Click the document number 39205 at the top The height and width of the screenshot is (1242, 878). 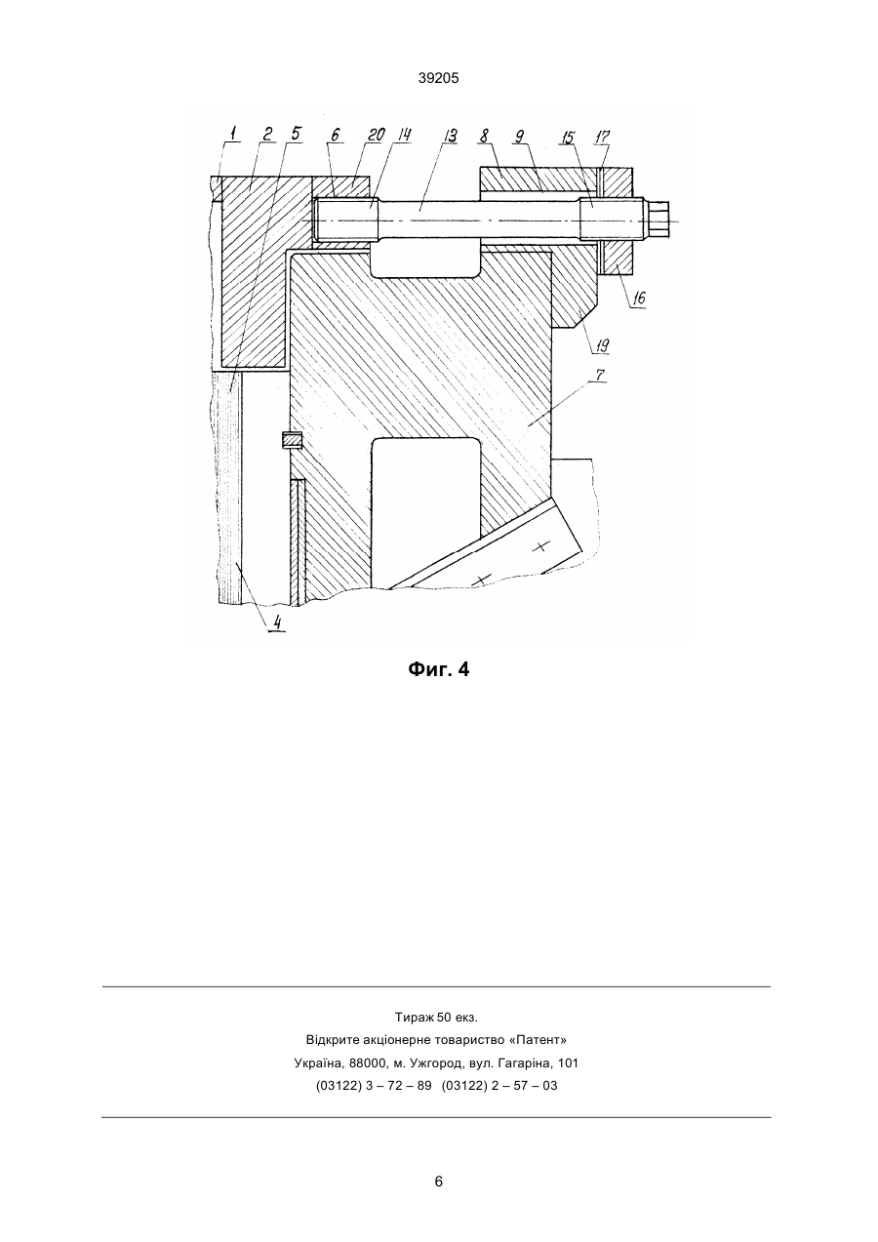click(438, 78)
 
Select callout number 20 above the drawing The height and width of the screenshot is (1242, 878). click(376, 135)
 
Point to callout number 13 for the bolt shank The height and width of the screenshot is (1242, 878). click(450, 136)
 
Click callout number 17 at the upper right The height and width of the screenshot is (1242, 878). click(602, 137)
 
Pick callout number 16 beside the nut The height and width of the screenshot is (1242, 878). click(638, 298)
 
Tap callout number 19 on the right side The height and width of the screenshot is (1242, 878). click(601, 345)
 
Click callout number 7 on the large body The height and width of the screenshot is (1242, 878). click(600, 376)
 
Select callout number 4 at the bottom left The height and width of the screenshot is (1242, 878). click(278, 622)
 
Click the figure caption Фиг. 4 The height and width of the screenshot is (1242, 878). click(438, 670)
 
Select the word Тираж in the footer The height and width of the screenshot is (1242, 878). click(415, 1018)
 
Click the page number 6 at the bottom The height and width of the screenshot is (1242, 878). click(438, 1182)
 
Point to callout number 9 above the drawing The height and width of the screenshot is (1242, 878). click(520, 136)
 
